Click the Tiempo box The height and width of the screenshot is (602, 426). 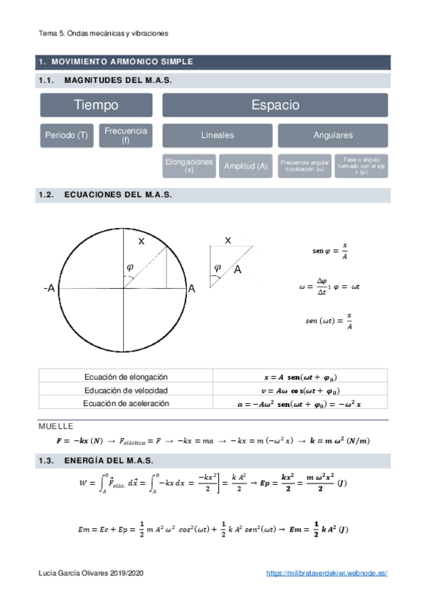[96, 105]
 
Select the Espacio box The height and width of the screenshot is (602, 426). [275, 105]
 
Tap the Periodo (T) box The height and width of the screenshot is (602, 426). [66, 136]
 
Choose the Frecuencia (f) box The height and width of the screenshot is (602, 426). [126, 136]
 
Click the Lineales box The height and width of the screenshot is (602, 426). [217, 136]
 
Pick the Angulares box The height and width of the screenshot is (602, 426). [333, 136]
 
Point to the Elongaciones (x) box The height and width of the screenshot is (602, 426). [188, 166]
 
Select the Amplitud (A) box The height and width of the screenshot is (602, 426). [245, 166]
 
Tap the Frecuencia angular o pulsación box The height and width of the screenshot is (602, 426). [304, 166]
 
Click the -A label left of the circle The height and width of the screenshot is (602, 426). [49, 289]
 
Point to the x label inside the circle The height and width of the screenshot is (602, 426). [141, 241]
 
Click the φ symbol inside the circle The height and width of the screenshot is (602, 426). [129, 267]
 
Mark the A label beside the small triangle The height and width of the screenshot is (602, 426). [238, 270]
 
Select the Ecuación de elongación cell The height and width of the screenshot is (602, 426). [126, 377]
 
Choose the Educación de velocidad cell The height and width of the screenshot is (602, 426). [126, 390]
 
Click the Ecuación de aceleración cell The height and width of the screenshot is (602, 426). [126, 403]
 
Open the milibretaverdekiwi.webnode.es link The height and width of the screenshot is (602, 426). [326, 572]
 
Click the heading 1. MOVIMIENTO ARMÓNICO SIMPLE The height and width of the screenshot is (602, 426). [117, 62]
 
